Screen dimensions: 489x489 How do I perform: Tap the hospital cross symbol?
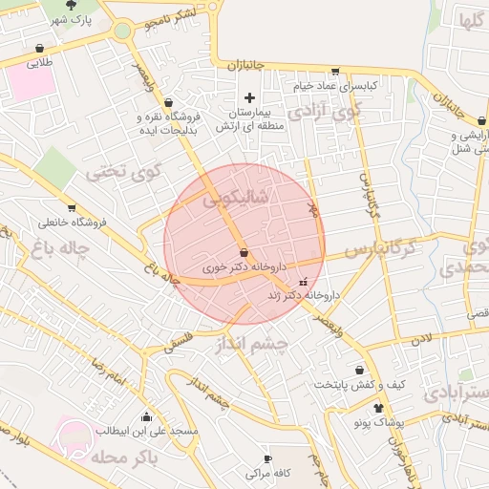coord(250,97)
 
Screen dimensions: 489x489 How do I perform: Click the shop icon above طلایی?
coord(39,49)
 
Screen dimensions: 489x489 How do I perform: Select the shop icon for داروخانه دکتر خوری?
coord(244,253)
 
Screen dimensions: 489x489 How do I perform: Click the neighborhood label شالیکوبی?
coord(236,199)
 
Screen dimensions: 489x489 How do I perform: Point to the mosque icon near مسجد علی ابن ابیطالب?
coord(145,416)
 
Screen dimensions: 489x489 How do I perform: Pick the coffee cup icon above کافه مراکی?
coord(267,458)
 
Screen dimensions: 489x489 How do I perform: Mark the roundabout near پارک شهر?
coord(122,31)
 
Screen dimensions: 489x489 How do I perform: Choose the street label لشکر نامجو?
coord(173,14)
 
